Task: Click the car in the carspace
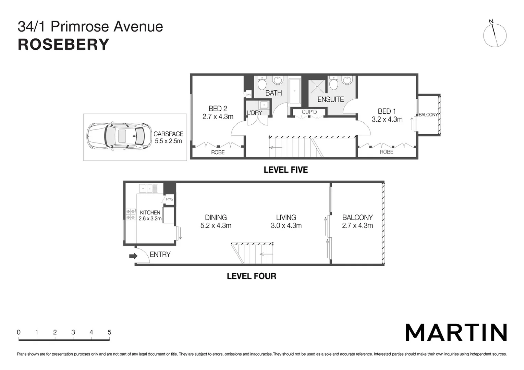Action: click(119, 136)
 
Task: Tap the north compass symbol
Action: click(495, 35)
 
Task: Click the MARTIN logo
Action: click(456, 332)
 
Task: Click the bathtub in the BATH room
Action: click(294, 91)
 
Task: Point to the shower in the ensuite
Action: click(317, 87)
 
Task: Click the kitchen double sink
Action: click(148, 188)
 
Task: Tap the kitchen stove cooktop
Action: click(131, 214)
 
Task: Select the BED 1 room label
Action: click(387, 111)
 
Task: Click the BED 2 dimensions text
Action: click(218, 117)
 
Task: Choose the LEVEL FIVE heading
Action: click(285, 170)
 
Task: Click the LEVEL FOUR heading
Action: click(251, 276)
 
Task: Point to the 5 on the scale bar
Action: click(109, 332)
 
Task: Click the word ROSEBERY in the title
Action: click(63, 45)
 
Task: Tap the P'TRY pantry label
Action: click(169, 199)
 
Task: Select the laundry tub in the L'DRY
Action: click(264, 105)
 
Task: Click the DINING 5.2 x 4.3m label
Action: click(216, 221)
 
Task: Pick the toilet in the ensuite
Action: click(333, 83)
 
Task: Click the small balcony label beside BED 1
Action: click(428, 115)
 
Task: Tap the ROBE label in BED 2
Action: click(218, 152)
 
